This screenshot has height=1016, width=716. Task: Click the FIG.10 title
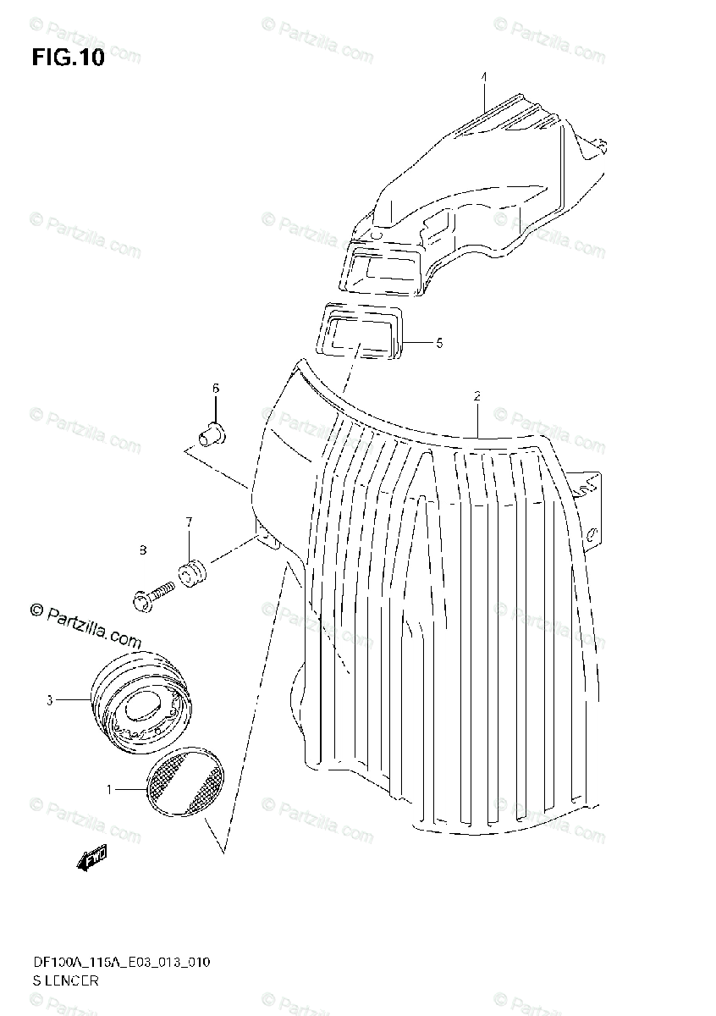[68, 59]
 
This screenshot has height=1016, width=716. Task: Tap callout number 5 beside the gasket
[439, 343]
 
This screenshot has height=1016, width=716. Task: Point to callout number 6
[215, 388]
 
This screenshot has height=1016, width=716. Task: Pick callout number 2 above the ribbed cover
[477, 395]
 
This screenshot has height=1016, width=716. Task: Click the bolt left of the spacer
[152, 594]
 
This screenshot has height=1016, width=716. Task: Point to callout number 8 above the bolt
[143, 550]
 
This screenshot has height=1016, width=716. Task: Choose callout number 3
[50, 700]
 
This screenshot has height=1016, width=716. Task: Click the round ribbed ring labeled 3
[140, 702]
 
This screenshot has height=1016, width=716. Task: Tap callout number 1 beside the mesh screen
[109, 789]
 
